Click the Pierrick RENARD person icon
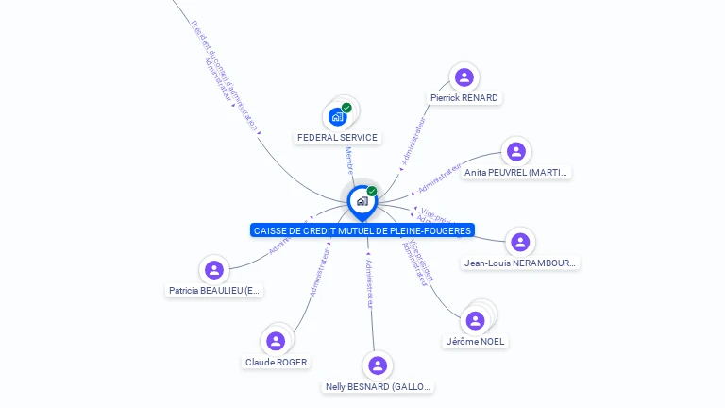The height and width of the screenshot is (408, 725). [x=464, y=76]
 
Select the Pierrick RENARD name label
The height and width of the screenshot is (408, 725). [x=464, y=97]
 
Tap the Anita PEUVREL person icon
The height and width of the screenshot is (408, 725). [x=515, y=151]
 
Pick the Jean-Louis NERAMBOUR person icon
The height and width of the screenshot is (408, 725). [x=519, y=242]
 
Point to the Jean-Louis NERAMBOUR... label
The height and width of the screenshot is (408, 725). [x=520, y=263]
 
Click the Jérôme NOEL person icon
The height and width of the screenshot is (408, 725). [x=476, y=320]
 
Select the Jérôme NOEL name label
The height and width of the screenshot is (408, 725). [x=475, y=341]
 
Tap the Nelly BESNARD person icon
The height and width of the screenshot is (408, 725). [x=378, y=365]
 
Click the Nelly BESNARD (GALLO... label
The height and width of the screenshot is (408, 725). [x=378, y=386]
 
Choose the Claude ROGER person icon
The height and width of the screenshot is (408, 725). [x=276, y=341]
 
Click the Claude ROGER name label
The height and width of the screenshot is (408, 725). [x=276, y=362]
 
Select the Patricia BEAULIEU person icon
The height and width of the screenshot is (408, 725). [x=214, y=270]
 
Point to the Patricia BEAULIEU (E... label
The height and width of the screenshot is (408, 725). [x=214, y=291]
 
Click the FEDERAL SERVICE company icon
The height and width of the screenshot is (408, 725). [x=337, y=117]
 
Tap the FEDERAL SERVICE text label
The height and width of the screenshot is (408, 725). [x=337, y=138]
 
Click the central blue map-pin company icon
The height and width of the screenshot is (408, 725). [x=362, y=200]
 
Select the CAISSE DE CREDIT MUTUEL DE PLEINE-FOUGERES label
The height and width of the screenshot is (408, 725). [x=362, y=230]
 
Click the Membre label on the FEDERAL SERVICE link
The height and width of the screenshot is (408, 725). [x=348, y=160]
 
